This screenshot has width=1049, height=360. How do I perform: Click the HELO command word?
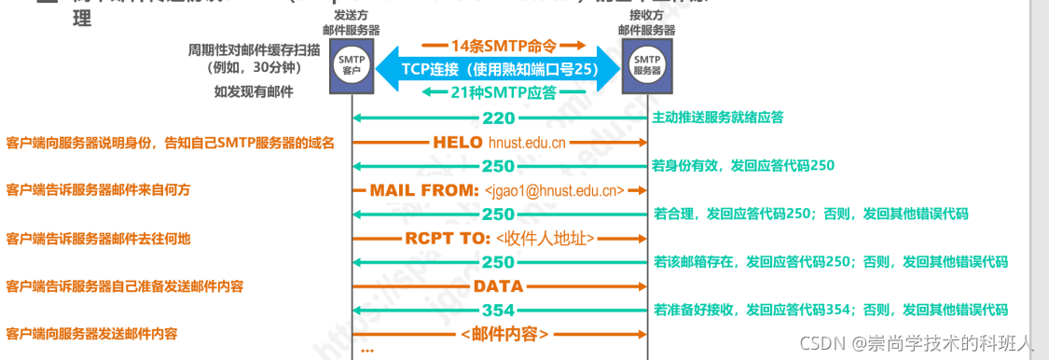click(457, 143)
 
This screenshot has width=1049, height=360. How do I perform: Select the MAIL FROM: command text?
click(424, 190)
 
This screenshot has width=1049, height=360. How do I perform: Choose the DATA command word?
click(498, 286)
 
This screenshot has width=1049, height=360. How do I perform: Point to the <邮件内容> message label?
click(504, 333)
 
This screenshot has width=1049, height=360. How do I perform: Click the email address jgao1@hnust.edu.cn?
click(554, 191)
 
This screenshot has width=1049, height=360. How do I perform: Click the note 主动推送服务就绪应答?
click(718, 118)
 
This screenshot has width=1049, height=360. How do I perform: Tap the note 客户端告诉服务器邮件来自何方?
click(98, 190)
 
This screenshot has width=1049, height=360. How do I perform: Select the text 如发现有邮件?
click(253, 91)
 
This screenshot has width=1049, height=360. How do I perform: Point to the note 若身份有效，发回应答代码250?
click(743, 166)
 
